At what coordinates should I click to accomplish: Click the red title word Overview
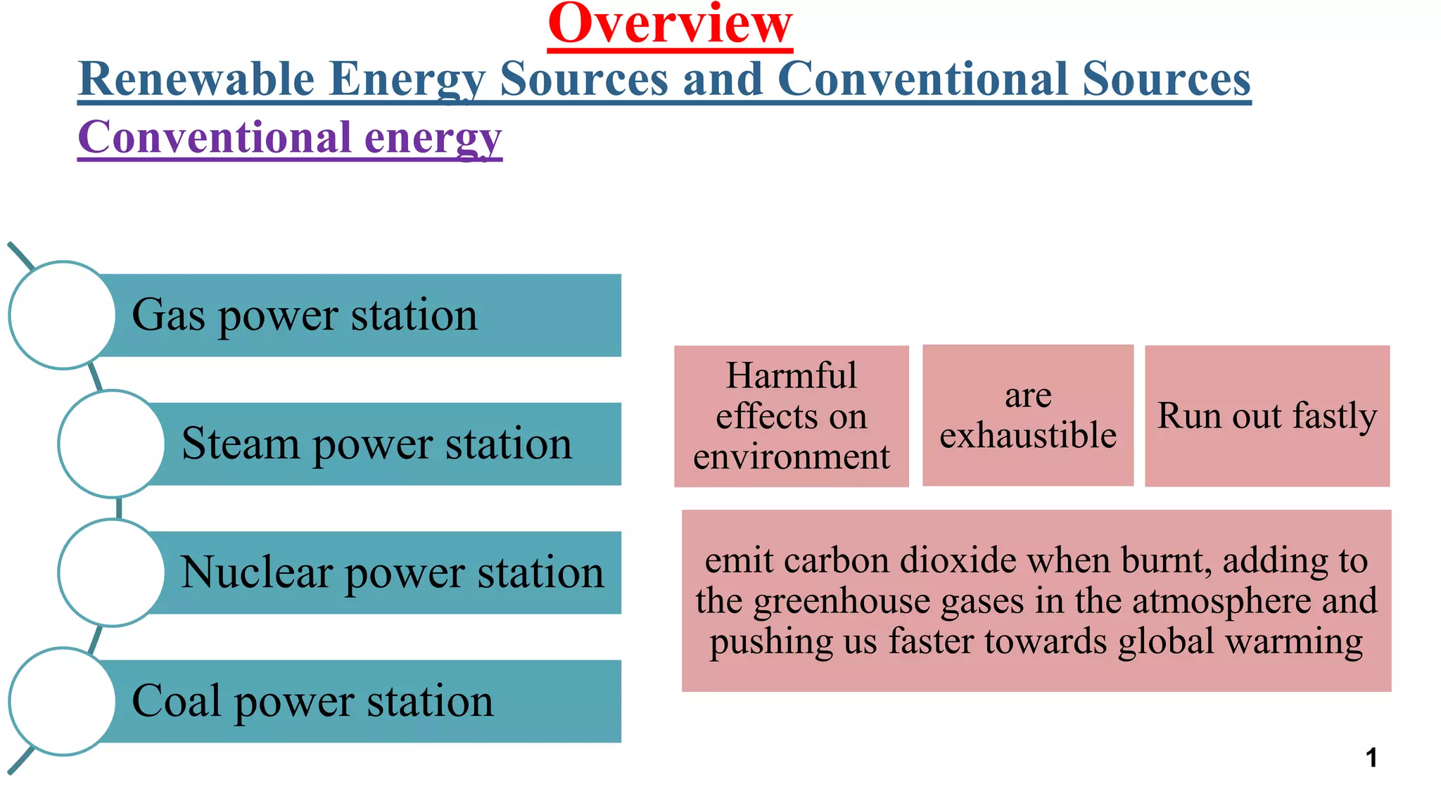click(670, 24)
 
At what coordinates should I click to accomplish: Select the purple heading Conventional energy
click(289, 137)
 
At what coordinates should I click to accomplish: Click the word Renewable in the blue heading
click(196, 79)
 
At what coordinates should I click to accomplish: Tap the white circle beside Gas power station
click(63, 315)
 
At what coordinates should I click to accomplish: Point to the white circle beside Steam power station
click(112, 444)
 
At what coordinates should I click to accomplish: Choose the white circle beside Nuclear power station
click(112, 572)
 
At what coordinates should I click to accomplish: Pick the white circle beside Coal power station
click(63, 701)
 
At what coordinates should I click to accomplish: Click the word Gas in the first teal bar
click(169, 315)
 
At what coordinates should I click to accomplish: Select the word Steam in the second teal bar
click(240, 444)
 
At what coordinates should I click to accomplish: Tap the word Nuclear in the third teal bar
click(256, 572)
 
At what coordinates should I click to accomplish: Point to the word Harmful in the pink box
click(791, 375)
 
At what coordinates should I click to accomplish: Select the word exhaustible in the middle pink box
click(1028, 435)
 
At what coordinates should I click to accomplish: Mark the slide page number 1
click(1371, 758)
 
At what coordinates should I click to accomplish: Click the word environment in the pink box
click(791, 457)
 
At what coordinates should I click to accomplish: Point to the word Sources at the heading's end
click(1166, 79)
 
